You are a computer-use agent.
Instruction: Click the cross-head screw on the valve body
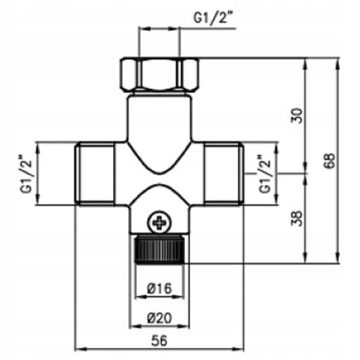pyautogui.click(x=160, y=222)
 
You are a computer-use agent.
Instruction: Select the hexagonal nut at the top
pyautogui.click(x=160, y=75)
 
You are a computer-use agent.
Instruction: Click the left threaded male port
pyautogui.click(x=95, y=174)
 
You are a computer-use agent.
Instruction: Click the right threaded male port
pyautogui.click(x=224, y=174)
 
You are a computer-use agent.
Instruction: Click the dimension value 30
pyautogui.click(x=297, y=115)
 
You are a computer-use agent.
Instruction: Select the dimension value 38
pyautogui.click(x=297, y=219)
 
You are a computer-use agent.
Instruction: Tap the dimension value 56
pyautogui.click(x=160, y=340)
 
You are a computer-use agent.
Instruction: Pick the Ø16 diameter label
pyautogui.click(x=160, y=288)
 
